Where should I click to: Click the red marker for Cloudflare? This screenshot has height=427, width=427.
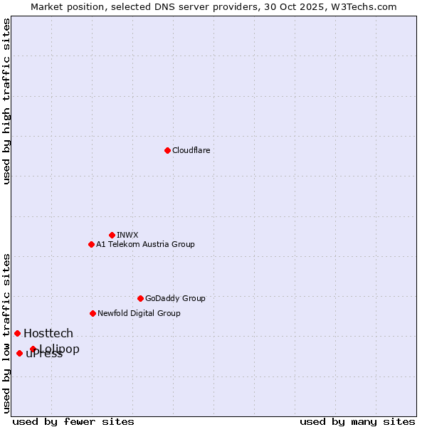click(x=167, y=150)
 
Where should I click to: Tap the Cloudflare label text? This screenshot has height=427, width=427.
click(x=191, y=150)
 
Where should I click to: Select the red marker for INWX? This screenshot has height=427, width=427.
click(x=112, y=235)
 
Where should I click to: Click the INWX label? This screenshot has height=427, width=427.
click(x=127, y=235)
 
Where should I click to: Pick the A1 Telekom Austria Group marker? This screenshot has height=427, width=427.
click(x=91, y=244)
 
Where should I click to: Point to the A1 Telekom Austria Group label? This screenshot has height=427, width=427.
click(x=145, y=244)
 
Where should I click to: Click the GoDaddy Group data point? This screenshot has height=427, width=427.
click(x=140, y=298)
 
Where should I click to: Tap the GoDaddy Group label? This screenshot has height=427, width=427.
click(x=174, y=298)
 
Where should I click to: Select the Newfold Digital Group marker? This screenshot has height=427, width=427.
click(x=93, y=313)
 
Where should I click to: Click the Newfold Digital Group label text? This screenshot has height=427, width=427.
click(x=139, y=313)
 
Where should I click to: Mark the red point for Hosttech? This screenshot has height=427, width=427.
click(x=17, y=333)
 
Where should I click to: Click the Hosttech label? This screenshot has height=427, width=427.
click(x=48, y=333)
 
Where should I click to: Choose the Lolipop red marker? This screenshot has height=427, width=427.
click(x=33, y=349)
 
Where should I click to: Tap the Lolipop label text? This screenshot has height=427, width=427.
click(x=60, y=349)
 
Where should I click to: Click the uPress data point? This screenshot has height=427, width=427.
click(x=19, y=353)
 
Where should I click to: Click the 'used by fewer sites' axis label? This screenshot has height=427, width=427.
click(x=73, y=421)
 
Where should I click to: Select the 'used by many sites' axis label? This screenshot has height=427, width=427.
click(x=357, y=421)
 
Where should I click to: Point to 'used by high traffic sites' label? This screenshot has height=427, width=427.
click(x=7, y=101)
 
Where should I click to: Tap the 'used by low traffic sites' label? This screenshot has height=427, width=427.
click(x=7, y=332)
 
